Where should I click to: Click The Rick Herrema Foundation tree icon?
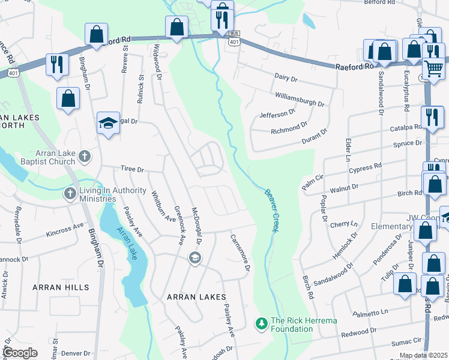point(261,324)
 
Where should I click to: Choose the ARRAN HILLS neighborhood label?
point(55,287)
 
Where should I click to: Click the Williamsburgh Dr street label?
point(300,100)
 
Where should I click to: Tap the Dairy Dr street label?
point(286,78)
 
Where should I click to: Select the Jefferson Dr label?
point(277,113)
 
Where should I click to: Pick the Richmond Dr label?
point(285,129)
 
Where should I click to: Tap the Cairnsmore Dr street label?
point(239,252)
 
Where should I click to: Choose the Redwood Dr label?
point(358,331)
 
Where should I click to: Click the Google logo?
point(19,353)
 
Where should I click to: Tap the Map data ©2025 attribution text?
point(424,355)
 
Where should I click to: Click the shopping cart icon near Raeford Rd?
point(433,69)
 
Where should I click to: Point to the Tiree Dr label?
point(132,170)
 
